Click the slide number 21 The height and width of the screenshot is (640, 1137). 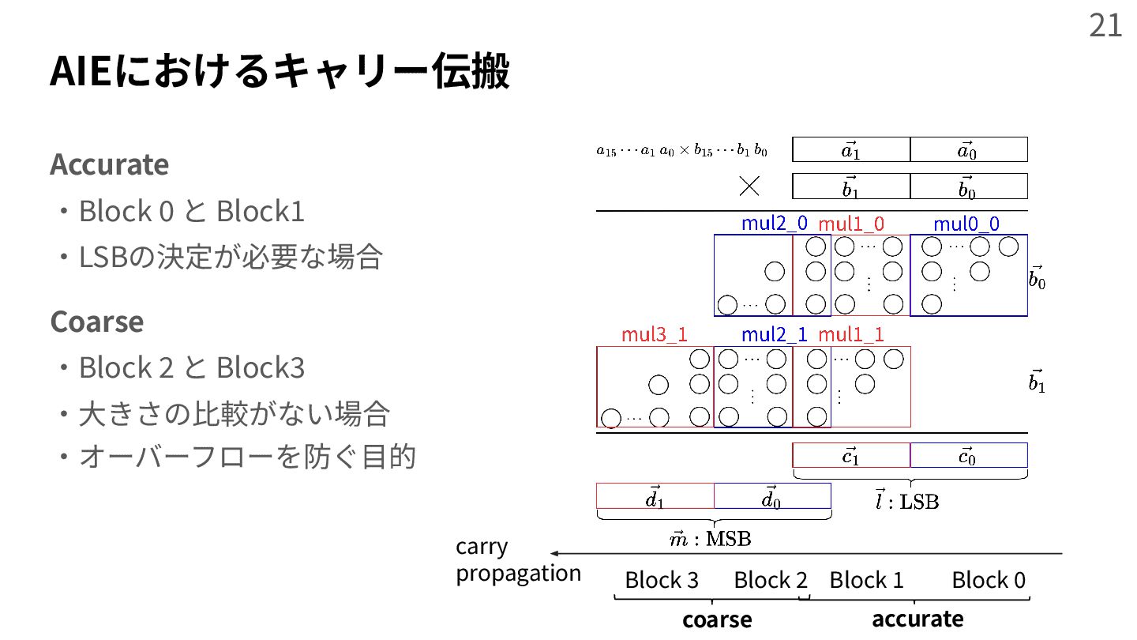point(1105,25)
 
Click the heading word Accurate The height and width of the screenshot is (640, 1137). point(109,164)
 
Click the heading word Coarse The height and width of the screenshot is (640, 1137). point(96,322)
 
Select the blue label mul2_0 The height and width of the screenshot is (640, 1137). point(774,224)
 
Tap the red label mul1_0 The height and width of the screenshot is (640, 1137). point(851,224)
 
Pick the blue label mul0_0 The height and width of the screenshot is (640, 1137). point(966,224)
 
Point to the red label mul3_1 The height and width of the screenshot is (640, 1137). point(654,334)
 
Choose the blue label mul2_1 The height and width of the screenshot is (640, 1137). point(774,334)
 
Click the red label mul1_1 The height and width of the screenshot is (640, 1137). point(851,334)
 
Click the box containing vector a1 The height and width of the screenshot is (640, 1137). point(850,149)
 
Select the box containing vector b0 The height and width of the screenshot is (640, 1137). point(968,186)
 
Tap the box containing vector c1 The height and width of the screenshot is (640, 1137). point(850,455)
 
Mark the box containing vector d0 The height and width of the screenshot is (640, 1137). point(771,496)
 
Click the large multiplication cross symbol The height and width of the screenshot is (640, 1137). point(749,186)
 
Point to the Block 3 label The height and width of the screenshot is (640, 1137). point(662,580)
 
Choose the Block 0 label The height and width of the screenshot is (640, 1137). point(989,580)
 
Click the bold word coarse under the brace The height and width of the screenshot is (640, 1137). point(717,619)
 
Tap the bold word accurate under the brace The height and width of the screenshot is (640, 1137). point(917,618)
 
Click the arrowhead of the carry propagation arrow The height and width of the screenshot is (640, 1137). point(555,553)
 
